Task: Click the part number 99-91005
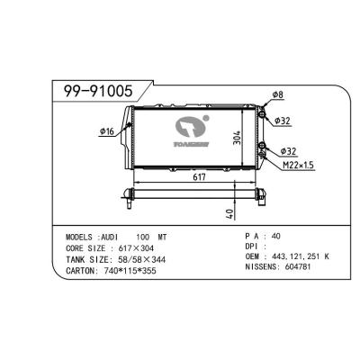94,92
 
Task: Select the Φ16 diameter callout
106,131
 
